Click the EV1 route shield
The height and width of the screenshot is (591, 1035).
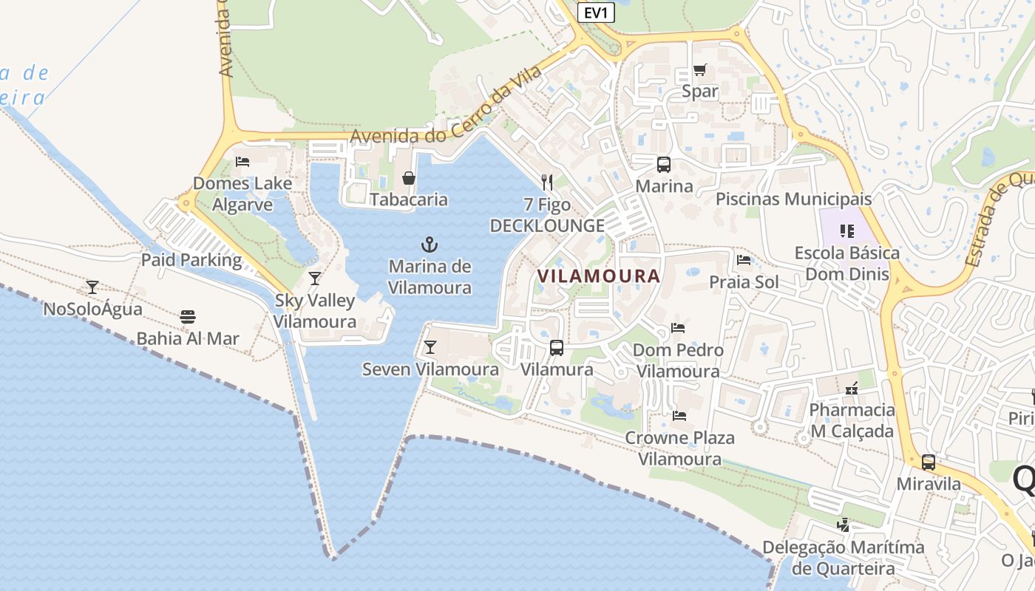click(596, 12)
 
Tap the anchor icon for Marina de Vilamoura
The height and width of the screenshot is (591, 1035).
click(430, 244)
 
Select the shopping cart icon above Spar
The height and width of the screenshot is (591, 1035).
click(699, 70)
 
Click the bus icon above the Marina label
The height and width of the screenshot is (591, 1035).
click(664, 165)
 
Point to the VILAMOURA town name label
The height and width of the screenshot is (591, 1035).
click(599, 276)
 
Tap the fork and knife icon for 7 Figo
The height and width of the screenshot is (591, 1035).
click(547, 182)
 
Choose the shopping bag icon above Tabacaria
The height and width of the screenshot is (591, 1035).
click(408, 178)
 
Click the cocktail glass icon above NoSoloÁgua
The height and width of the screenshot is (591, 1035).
click(92, 287)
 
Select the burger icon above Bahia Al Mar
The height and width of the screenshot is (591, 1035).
click(188, 317)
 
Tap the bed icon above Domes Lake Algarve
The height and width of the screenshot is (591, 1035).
click(242, 161)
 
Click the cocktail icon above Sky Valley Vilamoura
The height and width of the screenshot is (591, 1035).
click(315, 279)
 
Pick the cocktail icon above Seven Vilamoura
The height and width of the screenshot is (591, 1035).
click(430, 347)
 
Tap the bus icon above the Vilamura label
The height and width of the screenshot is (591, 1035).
click(557, 347)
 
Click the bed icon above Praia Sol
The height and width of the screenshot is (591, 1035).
click(744, 260)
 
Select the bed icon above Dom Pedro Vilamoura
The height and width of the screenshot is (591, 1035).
click(678, 327)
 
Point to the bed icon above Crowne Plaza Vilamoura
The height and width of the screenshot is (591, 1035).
click(679, 415)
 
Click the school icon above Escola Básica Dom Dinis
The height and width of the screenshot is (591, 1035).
click(847, 231)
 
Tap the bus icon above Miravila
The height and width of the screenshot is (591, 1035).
click(929, 462)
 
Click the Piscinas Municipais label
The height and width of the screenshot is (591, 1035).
click(794, 199)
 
